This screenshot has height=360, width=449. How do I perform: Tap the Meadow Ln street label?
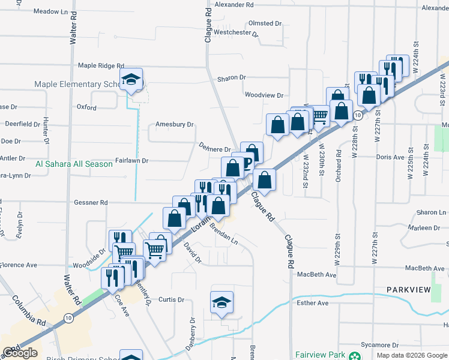[x=51, y=11]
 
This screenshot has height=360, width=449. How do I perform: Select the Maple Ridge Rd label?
[x=101, y=65]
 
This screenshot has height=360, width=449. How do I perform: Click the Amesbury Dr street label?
[x=175, y=125]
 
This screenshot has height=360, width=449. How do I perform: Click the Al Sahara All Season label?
[x=74, y=164]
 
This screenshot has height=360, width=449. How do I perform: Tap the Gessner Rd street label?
[x=91, y=203]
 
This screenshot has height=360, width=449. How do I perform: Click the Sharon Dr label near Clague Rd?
[x=232, y=77]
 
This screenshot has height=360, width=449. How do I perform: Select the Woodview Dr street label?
[x=264, y=95]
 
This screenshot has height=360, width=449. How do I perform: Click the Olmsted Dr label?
[x=265, y=23]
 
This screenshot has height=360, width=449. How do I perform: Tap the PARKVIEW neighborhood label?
[x=409, y=290]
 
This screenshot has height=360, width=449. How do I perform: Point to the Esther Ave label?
[x=313, y=303]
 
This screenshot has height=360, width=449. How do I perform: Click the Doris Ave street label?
[x=390, y=157]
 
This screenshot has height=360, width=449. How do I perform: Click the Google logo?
[x=20, y=353]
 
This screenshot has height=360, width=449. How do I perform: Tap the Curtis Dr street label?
[x=171, y=299]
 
